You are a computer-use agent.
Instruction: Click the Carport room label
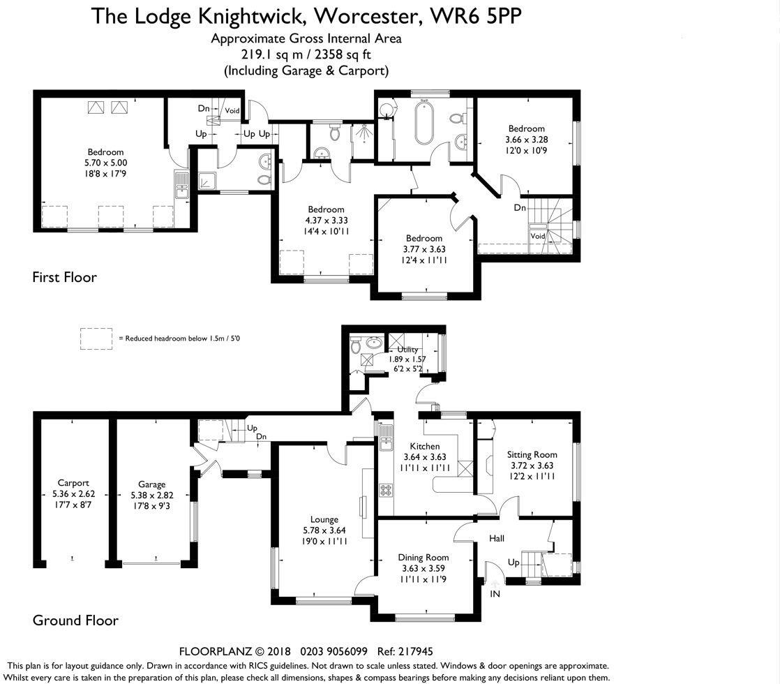click(x=73, y=482)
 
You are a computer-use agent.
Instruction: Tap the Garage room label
click(x=151, y=484)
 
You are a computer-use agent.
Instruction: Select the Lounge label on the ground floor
click(x=324, y=520)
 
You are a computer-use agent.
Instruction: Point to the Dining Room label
click(x=423, y=558)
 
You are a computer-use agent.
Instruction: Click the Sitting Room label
click(x=532, y=454)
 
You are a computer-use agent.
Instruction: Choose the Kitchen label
click(x=424, y=446)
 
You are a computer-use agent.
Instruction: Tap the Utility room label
click(x=407, y=350)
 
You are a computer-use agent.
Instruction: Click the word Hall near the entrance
click(x=497, y=538)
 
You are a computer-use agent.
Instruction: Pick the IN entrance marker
click(x=495, y=594)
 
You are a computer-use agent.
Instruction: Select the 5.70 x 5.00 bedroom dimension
click(x=105, y=163)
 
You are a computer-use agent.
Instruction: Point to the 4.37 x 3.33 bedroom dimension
click(x=326, y=221)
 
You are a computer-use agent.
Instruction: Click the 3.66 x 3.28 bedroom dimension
click(x=526, y=140)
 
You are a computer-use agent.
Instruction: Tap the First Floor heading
click(x=65, y=277)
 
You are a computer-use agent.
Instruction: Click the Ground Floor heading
click(x=75, y=620)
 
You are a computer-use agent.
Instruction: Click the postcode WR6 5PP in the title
click(x=476, y=17)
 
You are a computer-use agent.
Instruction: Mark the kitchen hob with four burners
click(x=386, y=491)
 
